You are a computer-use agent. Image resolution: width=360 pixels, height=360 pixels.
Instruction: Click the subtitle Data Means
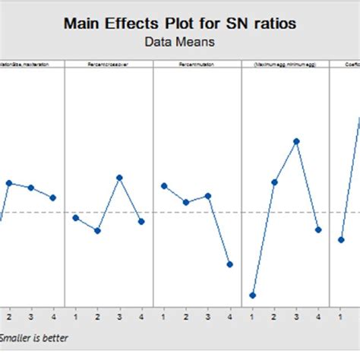(181, 43)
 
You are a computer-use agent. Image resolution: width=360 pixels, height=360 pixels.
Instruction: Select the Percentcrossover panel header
(109, 65)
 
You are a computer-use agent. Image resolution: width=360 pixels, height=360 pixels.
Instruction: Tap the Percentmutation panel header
(197, 65)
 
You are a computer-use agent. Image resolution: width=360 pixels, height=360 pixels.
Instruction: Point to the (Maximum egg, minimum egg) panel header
(285, 65)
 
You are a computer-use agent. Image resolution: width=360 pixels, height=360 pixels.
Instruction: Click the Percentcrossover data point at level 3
(119, 178)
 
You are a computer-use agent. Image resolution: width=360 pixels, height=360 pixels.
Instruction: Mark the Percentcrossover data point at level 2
(97, 230)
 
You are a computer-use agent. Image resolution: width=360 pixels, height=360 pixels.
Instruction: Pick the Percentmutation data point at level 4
(230, 264)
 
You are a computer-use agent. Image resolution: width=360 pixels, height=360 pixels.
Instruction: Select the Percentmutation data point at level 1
(163, 186)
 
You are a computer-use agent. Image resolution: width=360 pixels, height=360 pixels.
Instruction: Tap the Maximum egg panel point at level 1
(252, 295)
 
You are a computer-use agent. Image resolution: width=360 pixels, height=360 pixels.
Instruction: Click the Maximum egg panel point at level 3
(296, 141)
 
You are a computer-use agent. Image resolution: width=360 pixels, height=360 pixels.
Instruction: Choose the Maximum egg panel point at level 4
(318, 229)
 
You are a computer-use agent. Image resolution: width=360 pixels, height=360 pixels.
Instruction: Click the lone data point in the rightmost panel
(341, 240)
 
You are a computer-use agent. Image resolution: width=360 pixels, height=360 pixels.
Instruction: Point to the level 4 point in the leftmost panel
(52, 197)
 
